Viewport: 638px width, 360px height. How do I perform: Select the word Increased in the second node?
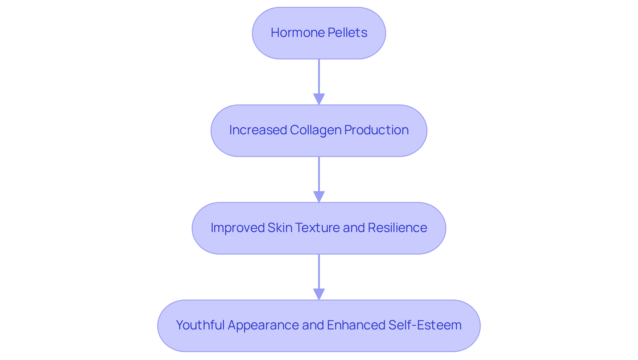pos(258,130)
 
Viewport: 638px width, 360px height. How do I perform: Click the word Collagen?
pos(315,130)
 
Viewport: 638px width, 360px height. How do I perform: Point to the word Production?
pos(376,130)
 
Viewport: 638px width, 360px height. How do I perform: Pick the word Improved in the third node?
pos(237,228)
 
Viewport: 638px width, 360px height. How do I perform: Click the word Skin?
pos(279,228)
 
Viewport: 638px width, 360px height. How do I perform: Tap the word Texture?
pos(317,228)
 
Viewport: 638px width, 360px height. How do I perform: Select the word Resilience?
pos(397,228)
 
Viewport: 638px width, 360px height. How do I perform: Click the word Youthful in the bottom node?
pos(200,325)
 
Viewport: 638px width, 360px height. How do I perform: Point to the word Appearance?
pos(263,325)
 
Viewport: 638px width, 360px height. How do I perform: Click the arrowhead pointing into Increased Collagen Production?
pos(319,99)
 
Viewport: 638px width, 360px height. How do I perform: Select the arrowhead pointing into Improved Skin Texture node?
pos(319,196)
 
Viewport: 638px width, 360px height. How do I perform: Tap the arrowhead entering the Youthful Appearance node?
pos(319,294)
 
